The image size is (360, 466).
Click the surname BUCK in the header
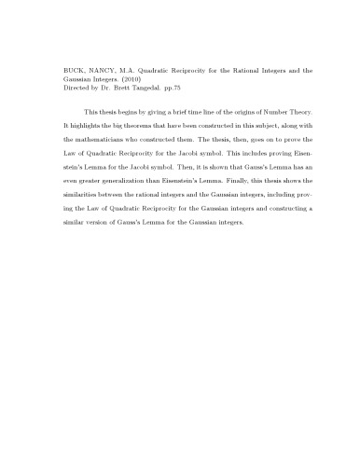[48, 70]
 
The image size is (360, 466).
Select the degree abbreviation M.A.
[105, 70]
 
